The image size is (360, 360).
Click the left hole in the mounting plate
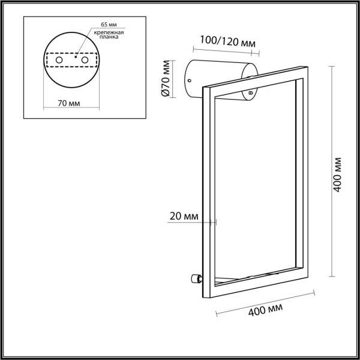[58, 61]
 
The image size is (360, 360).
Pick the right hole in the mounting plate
[85, 61]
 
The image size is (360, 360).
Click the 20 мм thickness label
[183, 215]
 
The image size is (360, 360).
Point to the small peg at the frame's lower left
[195, 278]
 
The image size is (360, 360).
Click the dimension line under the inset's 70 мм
[70, 110]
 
